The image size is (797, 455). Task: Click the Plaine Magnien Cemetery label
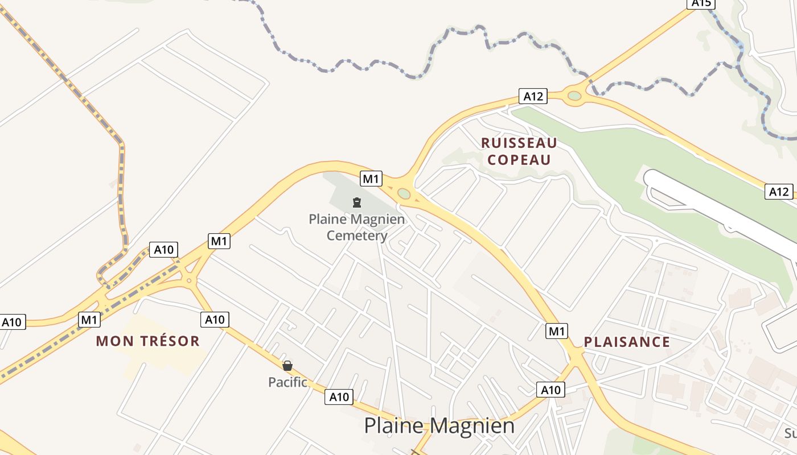(x=357, y=227)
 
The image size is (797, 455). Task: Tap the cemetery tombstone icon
(x=357, y=202)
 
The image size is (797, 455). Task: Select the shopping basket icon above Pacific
(x=287, y=365)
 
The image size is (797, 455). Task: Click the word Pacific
(x=287, y=382)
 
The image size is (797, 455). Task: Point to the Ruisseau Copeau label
(x=519, y=151)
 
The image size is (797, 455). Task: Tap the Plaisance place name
(x=627, y=342)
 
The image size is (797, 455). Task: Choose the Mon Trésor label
(x=147, y=341)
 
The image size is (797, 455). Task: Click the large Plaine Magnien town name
(x=439, y=425)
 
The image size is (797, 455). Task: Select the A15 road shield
(x=701, y=3)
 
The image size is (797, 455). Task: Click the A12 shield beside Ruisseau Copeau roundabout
(x=533, y=96)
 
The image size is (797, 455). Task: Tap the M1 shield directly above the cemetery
(x=371, y=179)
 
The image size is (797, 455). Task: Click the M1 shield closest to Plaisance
(x=556, y=330)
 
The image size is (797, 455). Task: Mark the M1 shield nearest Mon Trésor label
(x=89, y=320)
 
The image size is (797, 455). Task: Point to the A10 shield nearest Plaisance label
(x=550, y=390)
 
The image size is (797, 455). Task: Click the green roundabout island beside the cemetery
(x=404, y=194)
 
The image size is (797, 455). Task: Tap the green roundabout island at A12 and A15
(x=574, y=96)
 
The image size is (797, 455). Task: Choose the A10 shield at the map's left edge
(x=11, y=322)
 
